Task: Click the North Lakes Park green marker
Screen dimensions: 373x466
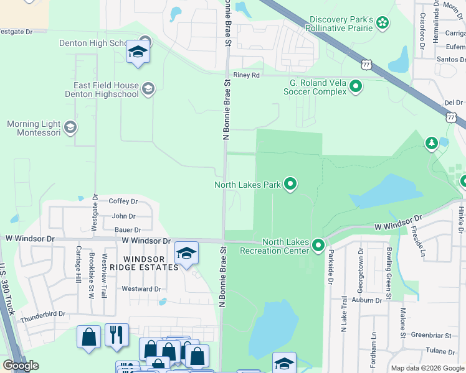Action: pos(290,184)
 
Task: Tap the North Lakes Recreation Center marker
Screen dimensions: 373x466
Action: pos(318,246)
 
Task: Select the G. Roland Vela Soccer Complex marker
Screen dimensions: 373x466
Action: pos(356,86)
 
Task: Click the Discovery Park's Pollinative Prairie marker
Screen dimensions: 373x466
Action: pos(383,24)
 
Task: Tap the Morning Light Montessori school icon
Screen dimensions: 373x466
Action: pos(70,128)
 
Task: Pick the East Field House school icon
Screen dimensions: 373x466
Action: pos(148,89)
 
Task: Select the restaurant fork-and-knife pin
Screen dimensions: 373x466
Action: pos(117,336)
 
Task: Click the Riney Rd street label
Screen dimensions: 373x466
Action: pos(245,75)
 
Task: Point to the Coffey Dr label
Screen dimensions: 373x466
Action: pos(123,201)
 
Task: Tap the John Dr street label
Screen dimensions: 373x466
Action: pos(123,216)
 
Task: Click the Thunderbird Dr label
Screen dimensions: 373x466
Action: pos(43,315)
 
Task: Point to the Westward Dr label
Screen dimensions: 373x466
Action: pos(141,289)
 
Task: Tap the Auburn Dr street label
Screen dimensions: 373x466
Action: pos(366,300)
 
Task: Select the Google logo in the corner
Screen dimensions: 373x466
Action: pos(21,366)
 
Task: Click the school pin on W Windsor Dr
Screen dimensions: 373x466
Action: pos(186,254)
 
